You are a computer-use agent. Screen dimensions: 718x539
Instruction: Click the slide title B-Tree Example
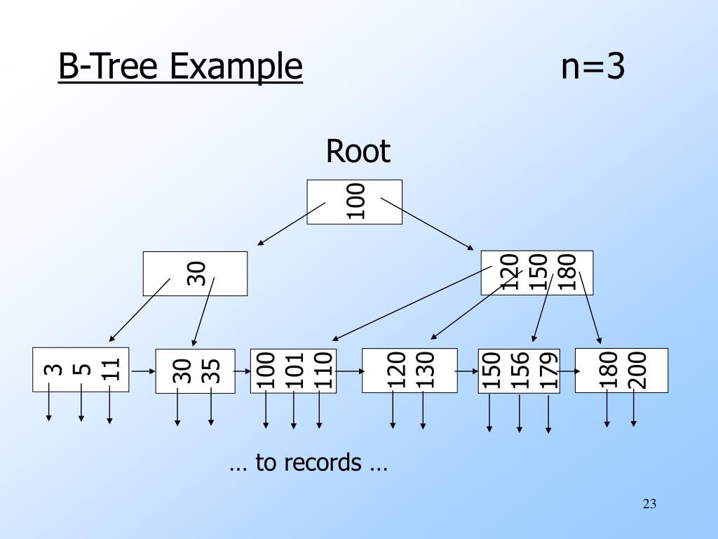point(180,67)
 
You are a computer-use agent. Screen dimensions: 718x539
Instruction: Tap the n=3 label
point(593,66)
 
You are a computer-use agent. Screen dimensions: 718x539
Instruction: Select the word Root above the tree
point(358,151)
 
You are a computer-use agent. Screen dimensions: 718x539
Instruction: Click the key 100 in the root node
point(355,201)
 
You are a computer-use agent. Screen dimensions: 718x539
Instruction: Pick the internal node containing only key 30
point(195,274)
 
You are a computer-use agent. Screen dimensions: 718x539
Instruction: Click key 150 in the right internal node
point(538,272)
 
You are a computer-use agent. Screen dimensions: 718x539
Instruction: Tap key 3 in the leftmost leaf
point(54,369)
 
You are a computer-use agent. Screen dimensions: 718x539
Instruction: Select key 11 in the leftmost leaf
point(110,369)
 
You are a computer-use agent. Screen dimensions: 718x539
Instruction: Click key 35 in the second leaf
point(210,371)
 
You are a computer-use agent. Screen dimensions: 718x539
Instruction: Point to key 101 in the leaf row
point(294,371)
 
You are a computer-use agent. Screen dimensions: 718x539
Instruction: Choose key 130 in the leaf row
point(425,371)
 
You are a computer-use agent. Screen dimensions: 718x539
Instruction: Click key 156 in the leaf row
point(520,371)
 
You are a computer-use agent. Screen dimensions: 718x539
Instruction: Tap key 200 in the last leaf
point(637,371)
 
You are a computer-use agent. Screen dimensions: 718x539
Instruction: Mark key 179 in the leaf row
point(548,371)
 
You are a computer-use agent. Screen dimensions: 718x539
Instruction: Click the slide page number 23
point(649,504)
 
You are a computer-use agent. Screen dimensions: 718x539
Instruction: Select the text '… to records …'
point(309,462)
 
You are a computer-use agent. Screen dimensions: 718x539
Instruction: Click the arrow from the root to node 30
point(291,224)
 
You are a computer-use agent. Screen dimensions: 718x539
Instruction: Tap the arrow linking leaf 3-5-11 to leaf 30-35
point(144,371)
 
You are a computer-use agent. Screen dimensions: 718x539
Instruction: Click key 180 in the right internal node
point(567,272)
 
